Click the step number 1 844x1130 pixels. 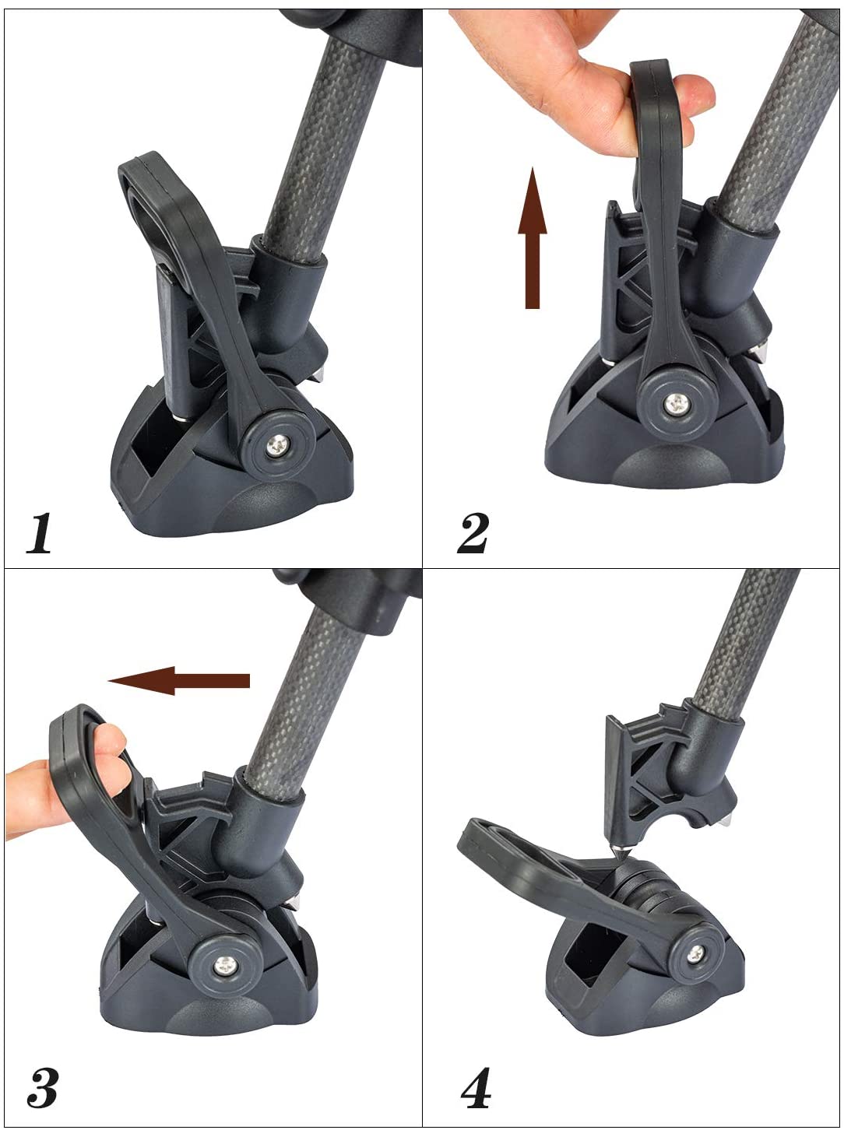(39, 533)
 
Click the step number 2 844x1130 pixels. (472, 533)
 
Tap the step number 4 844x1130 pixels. (475, 1083)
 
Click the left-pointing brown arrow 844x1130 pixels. (178, 681)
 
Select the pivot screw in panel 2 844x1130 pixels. (675, 404)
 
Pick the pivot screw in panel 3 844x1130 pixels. (226, 965)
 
